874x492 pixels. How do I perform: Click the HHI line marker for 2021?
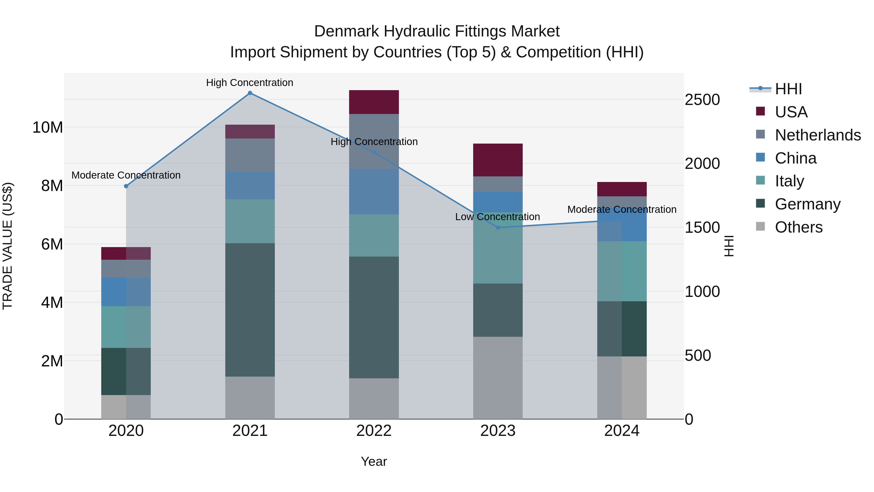point(250,93)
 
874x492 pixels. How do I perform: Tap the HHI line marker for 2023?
point(498,227)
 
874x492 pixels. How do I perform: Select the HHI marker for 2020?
point(126,186)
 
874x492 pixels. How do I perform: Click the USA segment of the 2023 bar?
point(498,160)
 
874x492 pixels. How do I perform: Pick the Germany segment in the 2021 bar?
point(250,310)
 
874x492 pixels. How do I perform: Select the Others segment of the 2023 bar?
point(498,378)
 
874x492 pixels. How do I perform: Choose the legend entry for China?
point(795,158)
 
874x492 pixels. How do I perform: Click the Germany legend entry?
point(807,204)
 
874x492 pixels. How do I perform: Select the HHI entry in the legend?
point(788,89)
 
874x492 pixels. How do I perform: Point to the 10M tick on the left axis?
point(48,128)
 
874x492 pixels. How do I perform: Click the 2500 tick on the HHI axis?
point(702,100)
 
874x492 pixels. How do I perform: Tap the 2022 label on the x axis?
point(374,431)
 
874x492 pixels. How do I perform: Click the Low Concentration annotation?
point(497,217)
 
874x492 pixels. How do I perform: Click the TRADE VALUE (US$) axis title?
point(8,246)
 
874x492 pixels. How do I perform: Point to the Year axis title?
point(374,461)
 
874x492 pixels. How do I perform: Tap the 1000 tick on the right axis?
point(702,292)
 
